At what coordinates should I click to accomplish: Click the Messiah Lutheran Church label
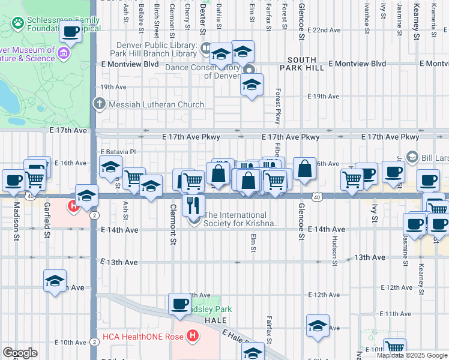[x=157, y=104]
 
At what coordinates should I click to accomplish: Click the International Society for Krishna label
[x=242, y=219]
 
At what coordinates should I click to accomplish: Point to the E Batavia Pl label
[x=119, y=152]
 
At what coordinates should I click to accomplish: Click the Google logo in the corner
[x=20, y=353]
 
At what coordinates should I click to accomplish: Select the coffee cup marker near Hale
[x=179, y=304]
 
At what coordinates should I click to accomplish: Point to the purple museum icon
[x=63, y=55]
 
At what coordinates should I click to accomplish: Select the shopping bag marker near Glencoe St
[x=305, y=169]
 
